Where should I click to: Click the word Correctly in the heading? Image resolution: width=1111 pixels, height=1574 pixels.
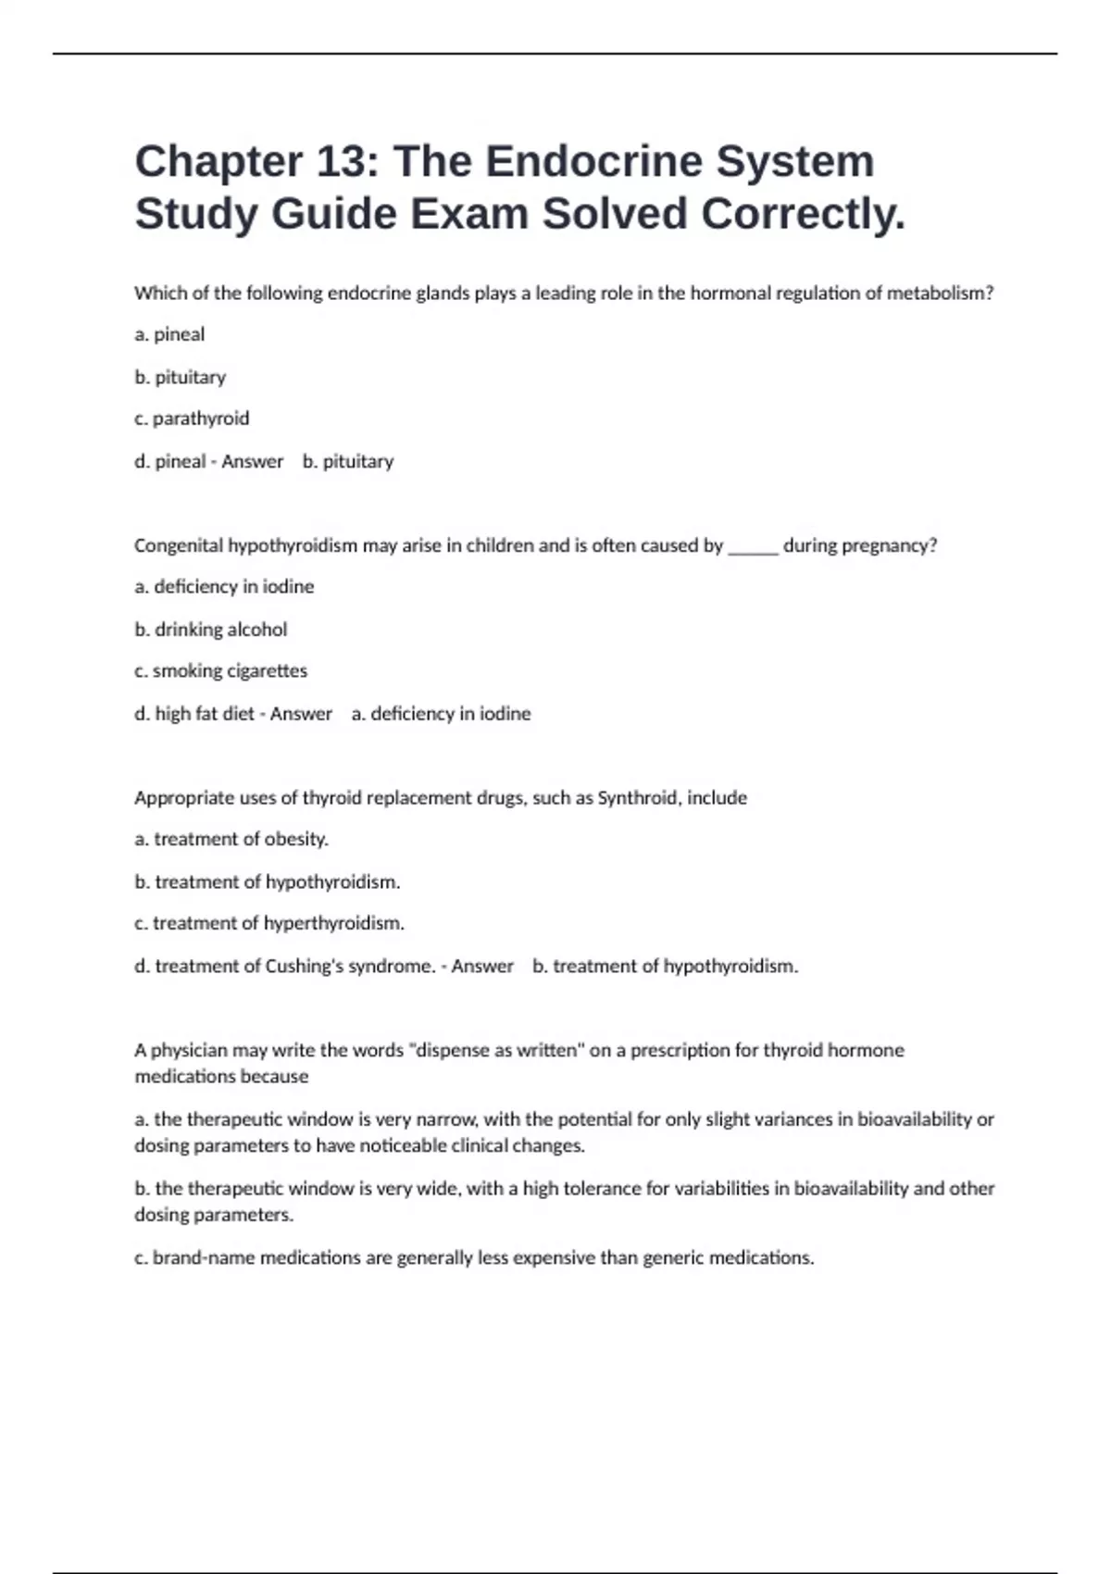pos(802,215)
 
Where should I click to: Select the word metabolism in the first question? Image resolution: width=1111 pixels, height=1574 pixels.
pos(939,294)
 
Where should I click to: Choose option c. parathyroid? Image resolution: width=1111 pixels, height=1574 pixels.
pos(192,418)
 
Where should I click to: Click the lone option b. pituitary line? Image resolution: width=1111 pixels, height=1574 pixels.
pos(181,377)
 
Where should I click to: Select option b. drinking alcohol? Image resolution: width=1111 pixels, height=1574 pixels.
pos(211,630)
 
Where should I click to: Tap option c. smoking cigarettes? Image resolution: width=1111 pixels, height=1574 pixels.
pos(220,671)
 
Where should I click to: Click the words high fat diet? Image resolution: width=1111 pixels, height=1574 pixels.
pos(205,714)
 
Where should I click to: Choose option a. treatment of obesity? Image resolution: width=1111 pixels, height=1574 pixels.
pos(231,840)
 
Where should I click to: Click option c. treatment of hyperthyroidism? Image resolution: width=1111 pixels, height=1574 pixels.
pos(269,924)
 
